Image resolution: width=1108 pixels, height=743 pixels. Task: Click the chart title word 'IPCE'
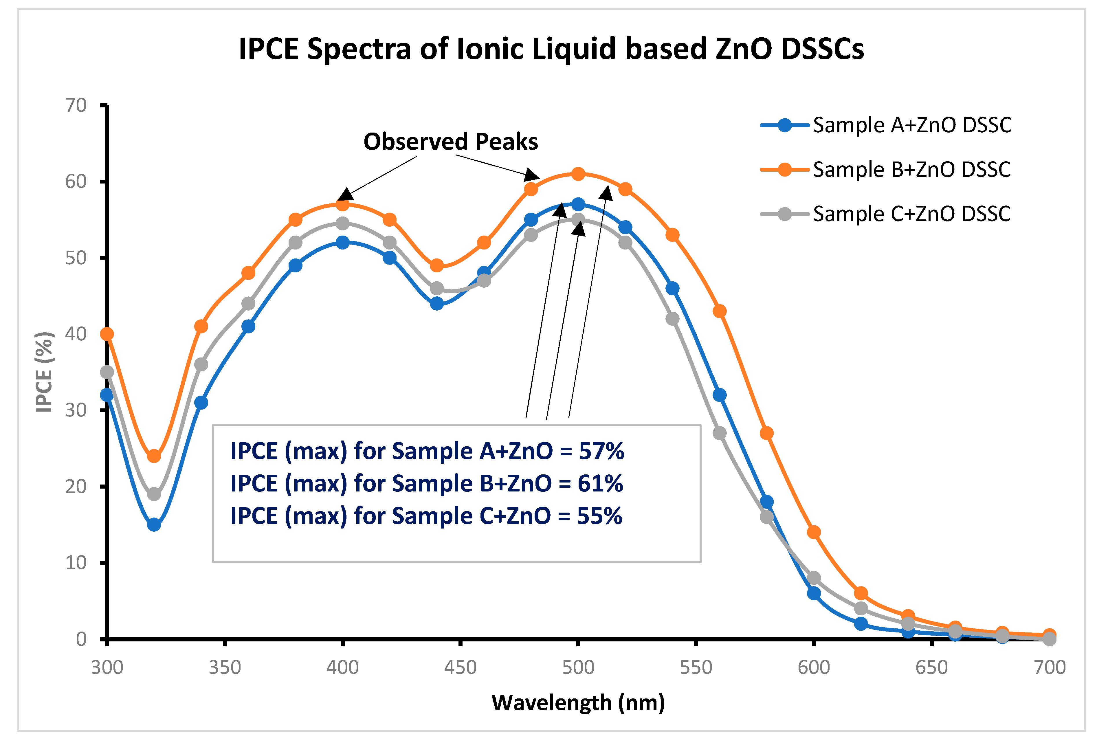[x=269, y=49]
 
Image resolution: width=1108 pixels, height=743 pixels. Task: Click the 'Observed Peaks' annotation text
[x=450, y=142]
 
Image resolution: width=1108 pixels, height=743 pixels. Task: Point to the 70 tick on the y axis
[x=76, y=105]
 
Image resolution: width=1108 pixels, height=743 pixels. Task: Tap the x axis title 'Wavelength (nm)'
[x=578, y=703]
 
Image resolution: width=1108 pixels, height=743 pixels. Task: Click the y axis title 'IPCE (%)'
[x=44, y=372]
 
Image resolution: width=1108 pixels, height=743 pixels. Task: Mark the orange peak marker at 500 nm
[x=578, y=174]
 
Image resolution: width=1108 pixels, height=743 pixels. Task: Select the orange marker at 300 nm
[x=107, y=334]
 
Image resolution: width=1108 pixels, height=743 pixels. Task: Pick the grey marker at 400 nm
[x=342, y=223]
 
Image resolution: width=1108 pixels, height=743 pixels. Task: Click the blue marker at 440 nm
[x=437, y=303]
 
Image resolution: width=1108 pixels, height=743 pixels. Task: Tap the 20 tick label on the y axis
[x=76, y=487]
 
